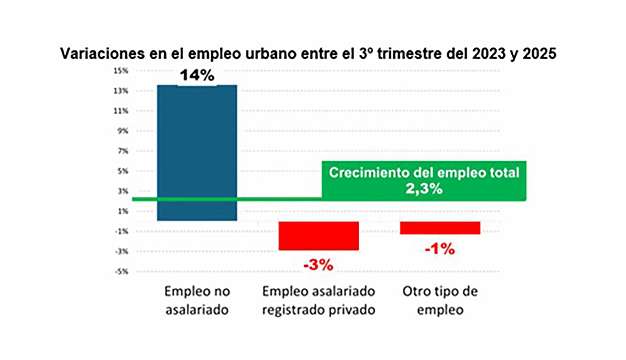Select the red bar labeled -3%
[x=319, y=236]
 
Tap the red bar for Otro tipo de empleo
[x=440, y=228]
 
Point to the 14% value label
[x=197, y=75]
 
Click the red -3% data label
[x=319, y=265]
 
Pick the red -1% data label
[x=440, y=249]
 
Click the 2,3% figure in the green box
[x=424, y=189]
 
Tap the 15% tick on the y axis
[x=121, y=71]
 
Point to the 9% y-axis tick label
[x=123, y=131]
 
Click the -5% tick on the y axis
[x=122, y=271]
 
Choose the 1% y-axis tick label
[x=123, y=211]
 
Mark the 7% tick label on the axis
[x=123, y=151]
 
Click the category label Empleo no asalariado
[x=197, y=300]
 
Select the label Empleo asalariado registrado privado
[x=319, y=300]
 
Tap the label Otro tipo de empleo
[x=440, y=300]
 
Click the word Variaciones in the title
[x=102, y=54]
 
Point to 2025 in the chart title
[x=539, y=54]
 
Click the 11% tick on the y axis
[x=121, y=111]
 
